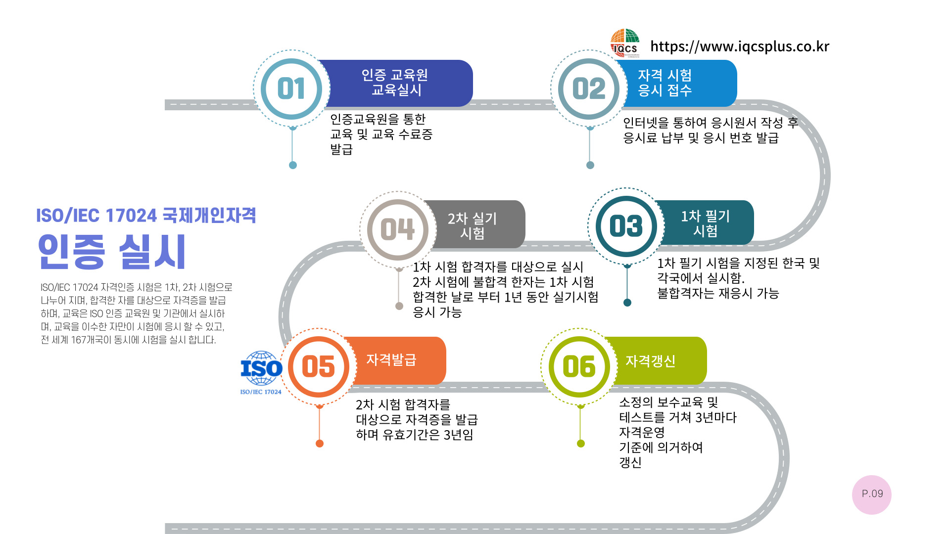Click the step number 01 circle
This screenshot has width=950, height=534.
click(291, 89)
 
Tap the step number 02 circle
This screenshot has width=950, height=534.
click(589, 89)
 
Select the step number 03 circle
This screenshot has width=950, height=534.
click(626, 226)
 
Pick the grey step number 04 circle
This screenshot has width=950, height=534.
click(398, 229)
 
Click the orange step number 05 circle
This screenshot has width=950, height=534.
click(319, 367)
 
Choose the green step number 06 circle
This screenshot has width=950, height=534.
click(579, 367)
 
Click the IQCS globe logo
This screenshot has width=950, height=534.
click(625, 43)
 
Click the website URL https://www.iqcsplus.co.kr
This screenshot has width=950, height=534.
click(739, 46)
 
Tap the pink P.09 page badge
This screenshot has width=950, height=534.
click(872, 494)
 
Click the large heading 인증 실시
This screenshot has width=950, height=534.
click(112, 252)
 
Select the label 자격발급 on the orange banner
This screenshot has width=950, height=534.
click(391, 360)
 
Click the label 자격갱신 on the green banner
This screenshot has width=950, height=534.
click(650, 361)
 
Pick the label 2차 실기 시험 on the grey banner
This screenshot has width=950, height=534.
click(472, 225)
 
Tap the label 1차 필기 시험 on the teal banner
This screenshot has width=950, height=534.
click(705, 223)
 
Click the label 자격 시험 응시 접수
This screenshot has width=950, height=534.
click(665, 83)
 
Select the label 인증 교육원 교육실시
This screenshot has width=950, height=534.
click(395, 83)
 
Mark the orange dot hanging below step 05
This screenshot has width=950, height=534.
click(320, 444)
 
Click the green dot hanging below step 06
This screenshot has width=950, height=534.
click(581, 444)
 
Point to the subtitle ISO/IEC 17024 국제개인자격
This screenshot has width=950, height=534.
click(146, 216)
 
